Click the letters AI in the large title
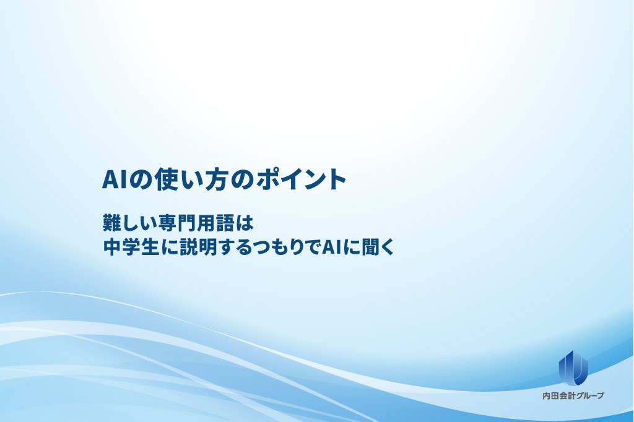click(115, 179)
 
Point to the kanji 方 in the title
click(218, 179)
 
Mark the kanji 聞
click(371, 247)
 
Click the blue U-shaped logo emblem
click(573, 368)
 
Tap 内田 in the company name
click(550, 396)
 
